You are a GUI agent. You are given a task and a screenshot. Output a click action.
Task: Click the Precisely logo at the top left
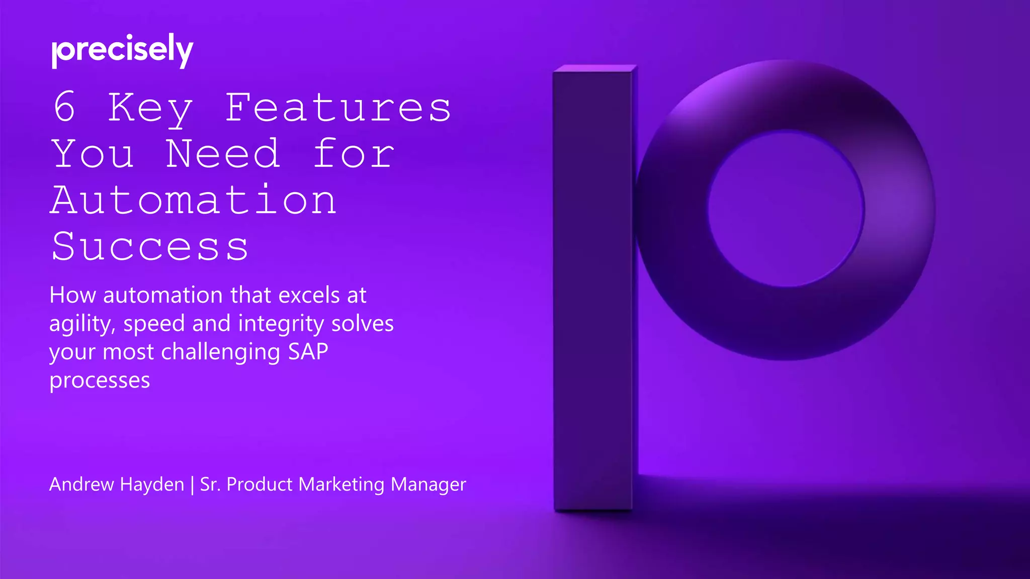click(x=122, y=50)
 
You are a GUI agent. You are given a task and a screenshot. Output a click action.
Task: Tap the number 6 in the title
click(x=65, y=107)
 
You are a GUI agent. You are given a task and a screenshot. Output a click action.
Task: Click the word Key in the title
click(x=150, y=108)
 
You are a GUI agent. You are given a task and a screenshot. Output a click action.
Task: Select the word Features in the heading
click(x=338, y=107)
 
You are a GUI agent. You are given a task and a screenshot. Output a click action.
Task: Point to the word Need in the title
click(x=223, y=154)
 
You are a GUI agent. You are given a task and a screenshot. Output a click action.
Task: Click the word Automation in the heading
click(x=194, y=200)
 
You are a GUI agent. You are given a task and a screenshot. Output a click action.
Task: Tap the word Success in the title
click(x=150, y=246)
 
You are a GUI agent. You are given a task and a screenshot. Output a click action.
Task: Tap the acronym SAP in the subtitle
click(x=308, y=352)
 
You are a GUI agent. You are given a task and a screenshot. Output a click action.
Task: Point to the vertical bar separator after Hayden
click(x=192, y=485)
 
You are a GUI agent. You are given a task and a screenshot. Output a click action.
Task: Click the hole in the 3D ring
click(x=786, y=209)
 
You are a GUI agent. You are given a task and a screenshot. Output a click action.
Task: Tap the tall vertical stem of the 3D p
click(x=593, y=292)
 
